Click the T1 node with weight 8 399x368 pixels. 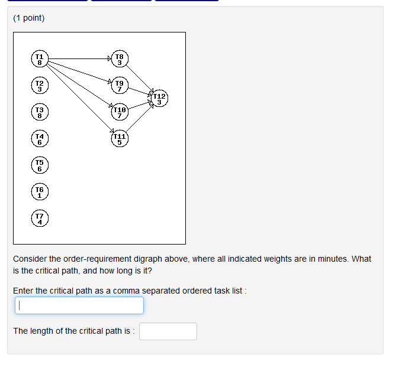click(40, 59)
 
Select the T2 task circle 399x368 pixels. click(40, 86)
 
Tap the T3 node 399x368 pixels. click(40, 112)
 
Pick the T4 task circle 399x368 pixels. click(40, 139)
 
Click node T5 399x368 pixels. click(40, 165)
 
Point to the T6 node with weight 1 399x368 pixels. click(40, 192)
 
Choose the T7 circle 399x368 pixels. click(40, 219)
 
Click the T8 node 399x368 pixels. click(120, 59)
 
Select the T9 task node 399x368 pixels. click(120, 86)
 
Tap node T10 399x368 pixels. click(120, 112)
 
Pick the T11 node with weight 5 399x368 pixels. click(120, 139)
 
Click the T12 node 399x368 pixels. click(160, 99)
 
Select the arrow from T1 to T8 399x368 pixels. click(79, 58)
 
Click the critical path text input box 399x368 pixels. click(79, 305)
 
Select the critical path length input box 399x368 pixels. click(168, 331)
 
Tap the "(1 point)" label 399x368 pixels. click(29, 18)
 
